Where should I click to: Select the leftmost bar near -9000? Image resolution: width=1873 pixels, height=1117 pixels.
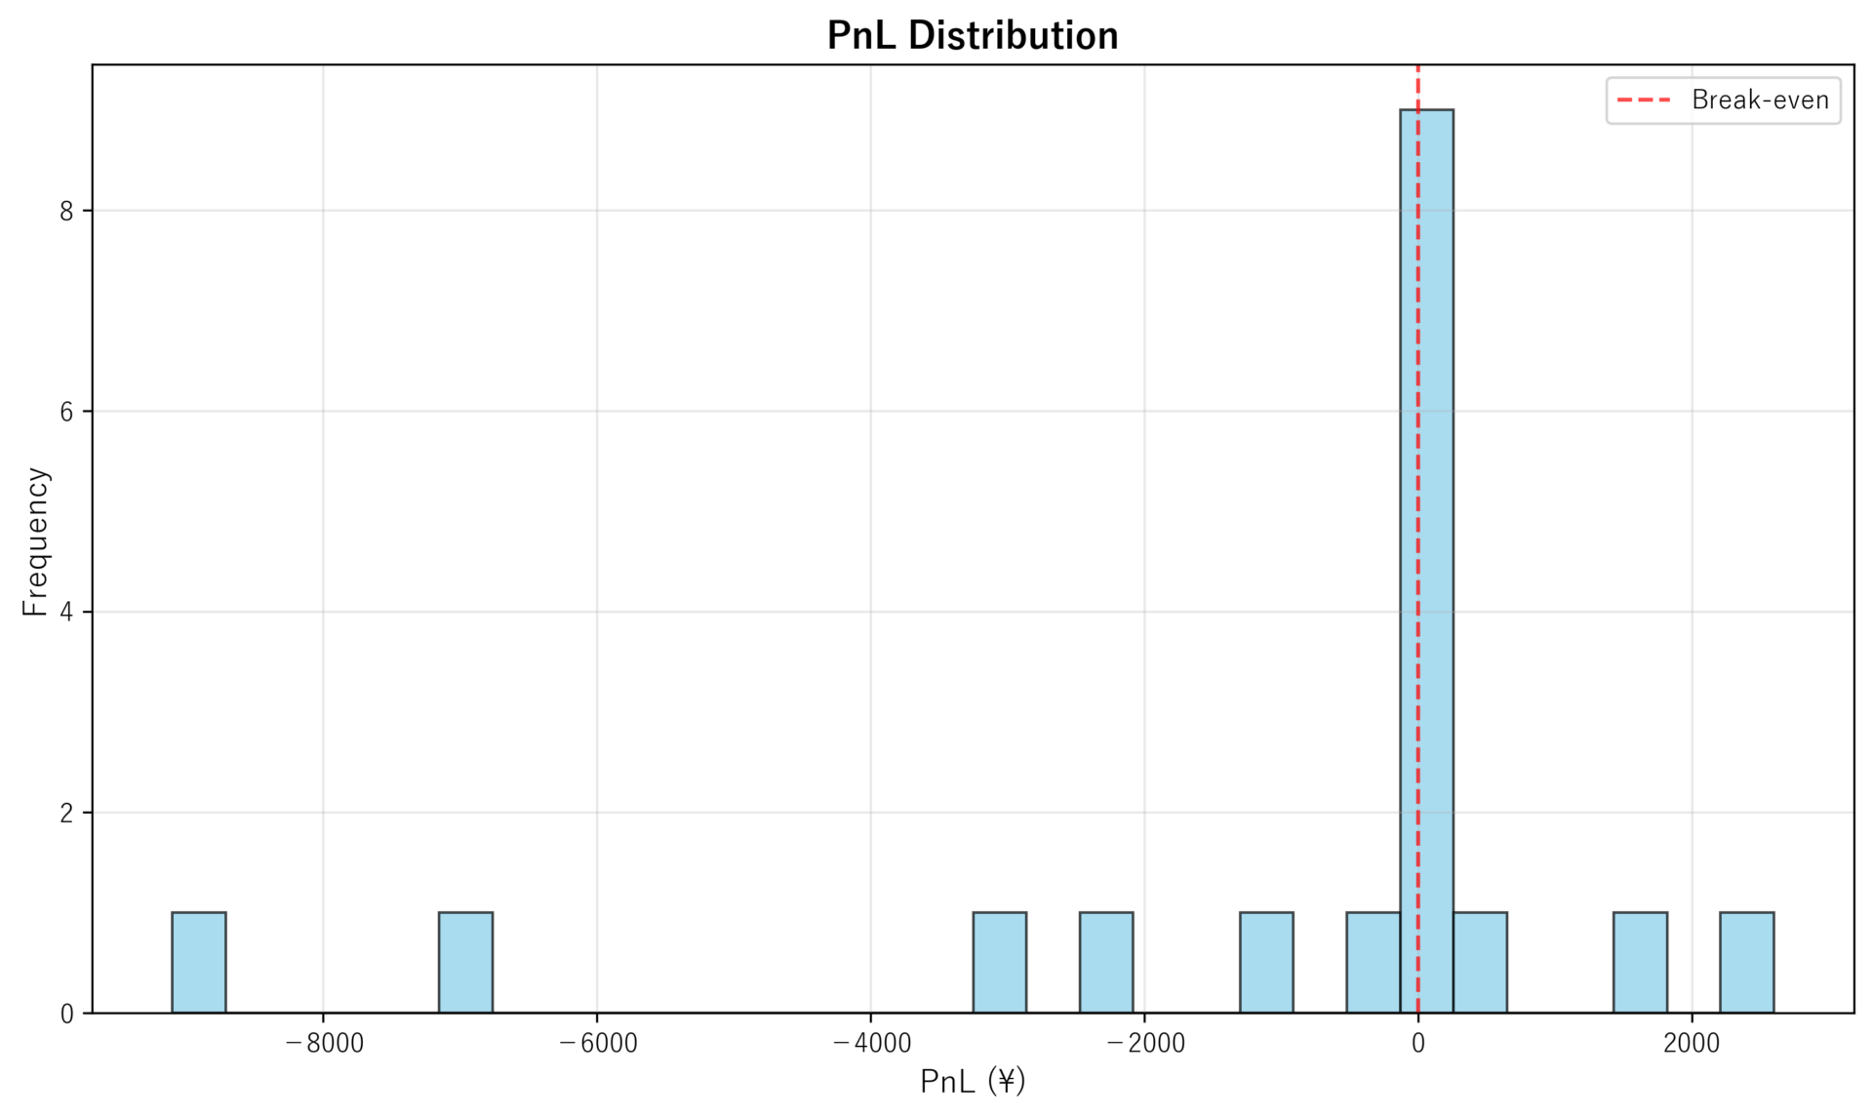[199, 962]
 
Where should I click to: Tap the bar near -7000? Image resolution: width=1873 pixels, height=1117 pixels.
[465, 962]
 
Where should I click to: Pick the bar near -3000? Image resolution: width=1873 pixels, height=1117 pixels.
[999, 962]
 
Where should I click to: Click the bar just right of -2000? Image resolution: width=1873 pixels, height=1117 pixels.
[1105, 962]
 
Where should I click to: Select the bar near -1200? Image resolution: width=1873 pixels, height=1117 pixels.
[1266, 962]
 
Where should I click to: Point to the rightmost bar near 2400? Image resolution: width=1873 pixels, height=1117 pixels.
[1746, 962]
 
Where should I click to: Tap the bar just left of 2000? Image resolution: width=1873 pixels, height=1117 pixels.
[1640, 962]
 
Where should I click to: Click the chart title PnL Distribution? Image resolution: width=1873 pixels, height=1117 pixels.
[973, 36]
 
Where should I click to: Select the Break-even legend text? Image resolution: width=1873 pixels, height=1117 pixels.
[1760, 100]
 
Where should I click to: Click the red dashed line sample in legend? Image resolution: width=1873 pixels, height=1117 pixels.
[1645, 100]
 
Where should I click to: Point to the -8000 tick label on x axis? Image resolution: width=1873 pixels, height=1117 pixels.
[324, 1044]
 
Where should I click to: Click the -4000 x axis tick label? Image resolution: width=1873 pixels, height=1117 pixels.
[871, 1044]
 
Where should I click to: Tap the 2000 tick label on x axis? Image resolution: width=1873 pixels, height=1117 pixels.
[1692, 1044]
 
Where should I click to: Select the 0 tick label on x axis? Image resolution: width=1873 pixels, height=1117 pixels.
[1417, 1044]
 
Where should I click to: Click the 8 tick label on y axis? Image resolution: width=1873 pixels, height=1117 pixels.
[66, 212]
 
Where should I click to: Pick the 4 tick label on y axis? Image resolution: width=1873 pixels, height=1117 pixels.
[66, 613]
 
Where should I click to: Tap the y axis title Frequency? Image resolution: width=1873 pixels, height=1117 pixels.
[35, 541]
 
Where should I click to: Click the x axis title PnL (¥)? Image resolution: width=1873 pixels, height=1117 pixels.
[973, 1082]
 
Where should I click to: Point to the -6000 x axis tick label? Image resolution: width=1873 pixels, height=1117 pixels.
[597, 1044]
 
